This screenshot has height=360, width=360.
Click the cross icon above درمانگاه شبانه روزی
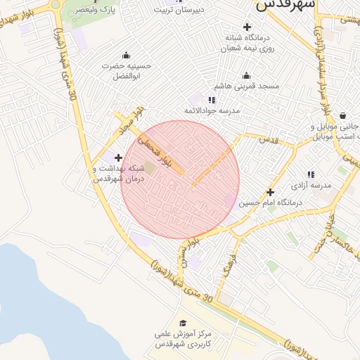tap(246, 26)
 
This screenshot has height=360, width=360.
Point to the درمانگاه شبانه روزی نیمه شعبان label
tap(247, 42)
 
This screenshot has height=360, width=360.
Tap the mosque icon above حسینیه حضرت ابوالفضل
tap(126, 56)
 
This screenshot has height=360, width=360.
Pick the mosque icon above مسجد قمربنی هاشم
tap(246, 76)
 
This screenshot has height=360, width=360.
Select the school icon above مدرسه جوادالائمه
tap(212, 101)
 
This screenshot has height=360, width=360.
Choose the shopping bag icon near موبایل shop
tap(342, 116)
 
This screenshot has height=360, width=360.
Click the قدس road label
tap(269, 140)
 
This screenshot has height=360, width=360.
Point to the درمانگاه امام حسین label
tap(270, 202)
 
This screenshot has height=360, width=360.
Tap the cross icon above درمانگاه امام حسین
tap(270, 192)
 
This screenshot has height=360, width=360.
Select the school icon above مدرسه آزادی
tap(310, 174)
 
